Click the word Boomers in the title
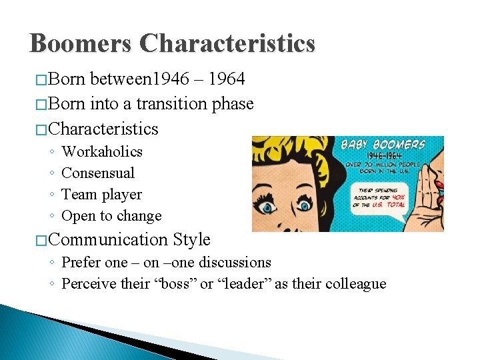81,44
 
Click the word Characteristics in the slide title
227,44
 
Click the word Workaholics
102,152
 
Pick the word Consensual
98,173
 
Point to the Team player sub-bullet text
101,195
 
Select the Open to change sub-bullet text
111,216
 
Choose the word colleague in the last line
353,284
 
